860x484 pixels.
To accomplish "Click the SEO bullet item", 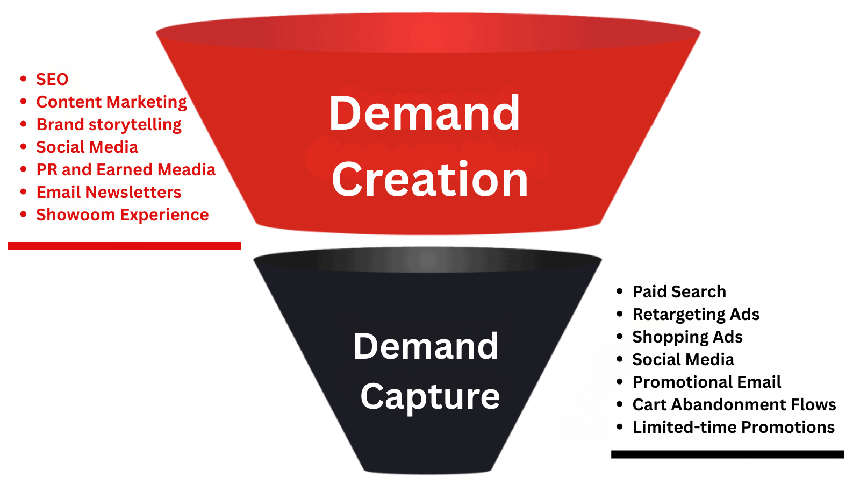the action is click(52, 80).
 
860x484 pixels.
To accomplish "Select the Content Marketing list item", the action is click(111, 102).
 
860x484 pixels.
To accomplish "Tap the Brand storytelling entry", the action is click(109, 125).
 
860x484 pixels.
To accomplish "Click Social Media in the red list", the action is click(87, 147).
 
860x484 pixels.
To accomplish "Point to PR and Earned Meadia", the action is click(126, 170).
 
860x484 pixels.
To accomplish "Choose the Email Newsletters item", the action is click(109, 193).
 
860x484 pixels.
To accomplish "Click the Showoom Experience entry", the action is click(122, 215).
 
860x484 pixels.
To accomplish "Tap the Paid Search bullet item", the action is click(679, 292).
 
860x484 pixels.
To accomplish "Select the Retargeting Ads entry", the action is click(696, 315).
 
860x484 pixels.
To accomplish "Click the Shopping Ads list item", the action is click(687, 337).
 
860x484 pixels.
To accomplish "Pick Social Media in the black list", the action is click(683, 360).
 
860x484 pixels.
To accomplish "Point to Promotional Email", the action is click(706, 382).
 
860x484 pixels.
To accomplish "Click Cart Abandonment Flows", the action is click(734, 405).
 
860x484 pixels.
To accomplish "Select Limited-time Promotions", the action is click(733, 428).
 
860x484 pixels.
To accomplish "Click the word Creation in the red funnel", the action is click(430, 180).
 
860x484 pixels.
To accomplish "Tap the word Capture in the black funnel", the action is click(430, 397).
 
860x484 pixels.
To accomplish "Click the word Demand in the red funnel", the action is click(425, 113).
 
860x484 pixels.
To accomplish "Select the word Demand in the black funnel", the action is click(426, 346).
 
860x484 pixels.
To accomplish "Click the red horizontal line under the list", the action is click(124, 246).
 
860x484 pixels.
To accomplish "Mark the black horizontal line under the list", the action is click(727, 454).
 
